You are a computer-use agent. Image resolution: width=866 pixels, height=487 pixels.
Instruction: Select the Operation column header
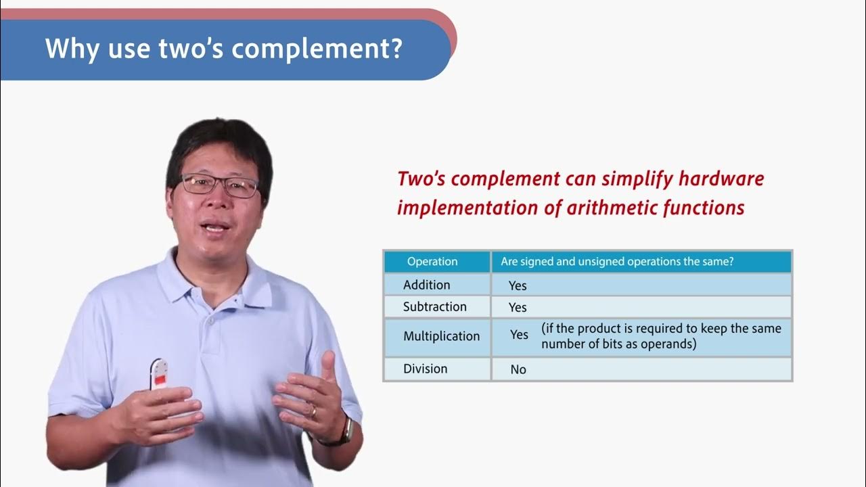point(432,262)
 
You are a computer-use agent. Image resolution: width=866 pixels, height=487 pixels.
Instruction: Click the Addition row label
point(426,285)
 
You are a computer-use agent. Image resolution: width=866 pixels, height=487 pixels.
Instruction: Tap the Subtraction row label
point(434,306)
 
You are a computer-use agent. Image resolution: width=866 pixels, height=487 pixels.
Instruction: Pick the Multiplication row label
point(441,336)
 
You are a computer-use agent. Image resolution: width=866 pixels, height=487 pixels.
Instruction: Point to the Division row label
point(425,369)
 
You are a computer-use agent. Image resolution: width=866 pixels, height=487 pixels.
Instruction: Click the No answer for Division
point(518,369)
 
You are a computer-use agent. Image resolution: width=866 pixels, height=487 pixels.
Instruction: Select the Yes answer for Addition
point(518,285)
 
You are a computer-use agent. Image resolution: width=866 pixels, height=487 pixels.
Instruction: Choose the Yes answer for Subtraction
point(518,307)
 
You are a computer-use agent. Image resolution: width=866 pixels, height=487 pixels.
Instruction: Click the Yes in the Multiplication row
point(519,335)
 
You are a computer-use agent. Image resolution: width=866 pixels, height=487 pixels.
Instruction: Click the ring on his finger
point(313,410)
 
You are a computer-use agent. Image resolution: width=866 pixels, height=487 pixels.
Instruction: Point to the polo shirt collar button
point(212,318)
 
